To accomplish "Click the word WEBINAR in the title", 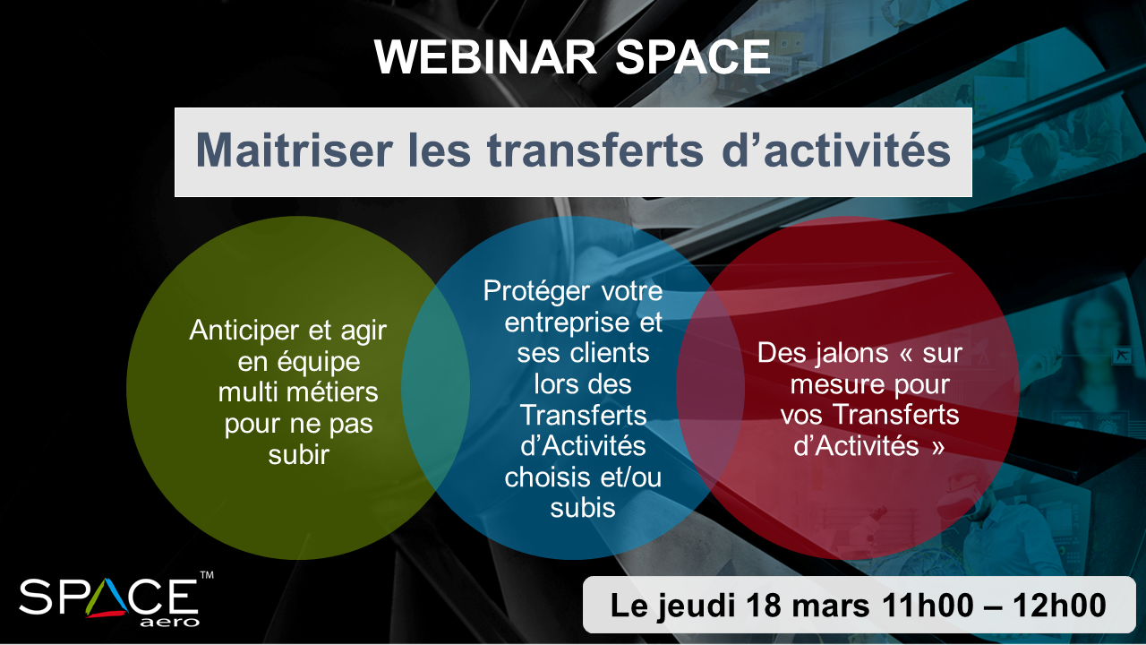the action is [485, 56].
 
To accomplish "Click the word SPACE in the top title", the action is [693, 56].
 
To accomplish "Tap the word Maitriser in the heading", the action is [295, 150].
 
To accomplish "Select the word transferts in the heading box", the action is [594, 150].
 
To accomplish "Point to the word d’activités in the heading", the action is [836, 150].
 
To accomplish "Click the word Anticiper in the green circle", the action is [244, 331].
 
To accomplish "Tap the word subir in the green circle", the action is [299, 454].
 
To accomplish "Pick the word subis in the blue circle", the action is [583, 508].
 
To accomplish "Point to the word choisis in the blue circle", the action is [549, 477].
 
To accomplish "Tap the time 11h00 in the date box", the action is [928, 606].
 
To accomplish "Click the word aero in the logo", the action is [169, 623].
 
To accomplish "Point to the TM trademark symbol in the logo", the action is [207, 575].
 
